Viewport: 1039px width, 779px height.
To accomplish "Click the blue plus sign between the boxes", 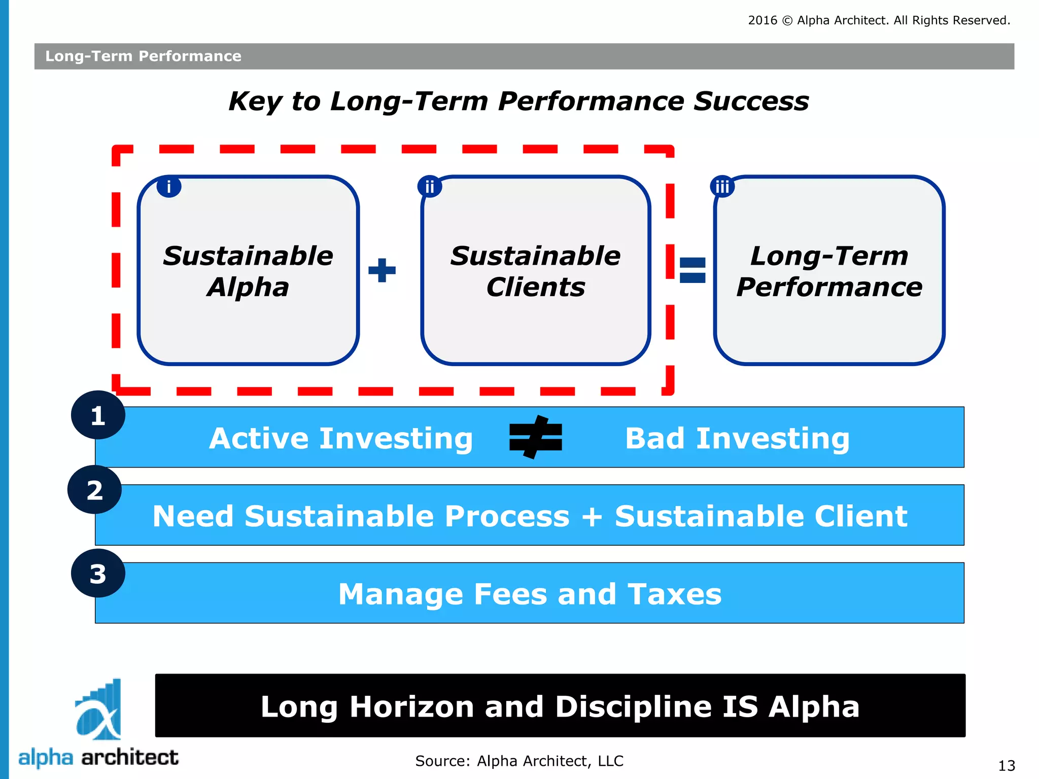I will [x=382, y=270].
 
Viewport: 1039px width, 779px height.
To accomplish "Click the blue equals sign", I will [x=692, y=270].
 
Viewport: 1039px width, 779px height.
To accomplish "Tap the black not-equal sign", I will [x=536, y=437].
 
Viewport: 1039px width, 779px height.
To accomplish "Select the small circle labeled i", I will [x=169, y=187].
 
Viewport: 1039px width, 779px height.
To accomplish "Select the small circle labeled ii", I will [x=430, y=187].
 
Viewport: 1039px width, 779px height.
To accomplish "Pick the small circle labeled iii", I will [x=722, y=187].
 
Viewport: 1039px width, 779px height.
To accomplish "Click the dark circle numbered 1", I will [x=98, y=415].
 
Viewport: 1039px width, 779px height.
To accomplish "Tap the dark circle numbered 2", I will [x=94, y=490].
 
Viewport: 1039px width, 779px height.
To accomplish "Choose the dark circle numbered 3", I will [x=98, y=574].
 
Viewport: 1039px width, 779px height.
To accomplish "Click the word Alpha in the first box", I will [x=248, y=287].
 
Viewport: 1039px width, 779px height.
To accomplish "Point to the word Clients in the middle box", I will [x=536, y=287].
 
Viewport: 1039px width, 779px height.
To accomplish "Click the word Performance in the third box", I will [x=829, y=287].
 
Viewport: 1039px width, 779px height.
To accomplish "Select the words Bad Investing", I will [x=737, y=438].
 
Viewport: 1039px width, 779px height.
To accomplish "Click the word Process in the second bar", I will [x=507, y=516].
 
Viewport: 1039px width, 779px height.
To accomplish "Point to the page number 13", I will [x=1007, y=765].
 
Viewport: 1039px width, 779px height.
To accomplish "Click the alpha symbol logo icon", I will [x=98, y=710].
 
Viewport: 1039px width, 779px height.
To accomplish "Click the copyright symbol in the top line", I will [x=787, y=21].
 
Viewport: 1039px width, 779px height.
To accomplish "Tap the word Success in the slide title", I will [x=751, y=101].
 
